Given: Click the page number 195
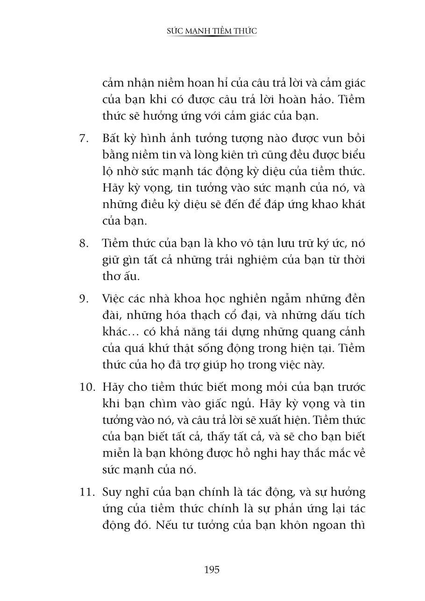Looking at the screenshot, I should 212,569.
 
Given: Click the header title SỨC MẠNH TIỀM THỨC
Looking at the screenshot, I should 212,31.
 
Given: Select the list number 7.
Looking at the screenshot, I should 84,139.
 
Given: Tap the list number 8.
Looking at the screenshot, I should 84,243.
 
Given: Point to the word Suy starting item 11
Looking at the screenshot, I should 112,492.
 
